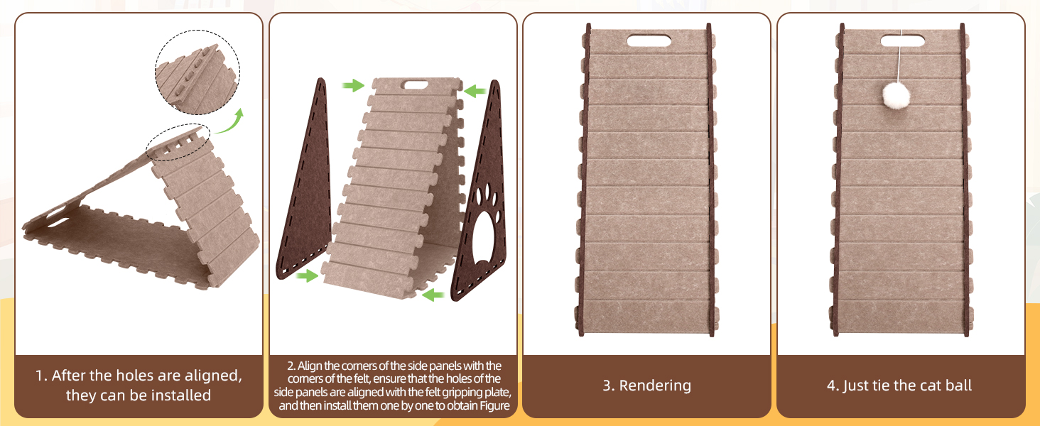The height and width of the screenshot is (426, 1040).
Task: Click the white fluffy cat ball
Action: [896, 96]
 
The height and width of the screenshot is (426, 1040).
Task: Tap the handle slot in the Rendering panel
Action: [649, 40]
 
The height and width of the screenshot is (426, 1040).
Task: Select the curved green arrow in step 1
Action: [229, 121]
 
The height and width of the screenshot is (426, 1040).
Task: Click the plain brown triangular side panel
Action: [304, 181]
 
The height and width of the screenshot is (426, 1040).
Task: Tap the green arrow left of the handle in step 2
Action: [353, 85]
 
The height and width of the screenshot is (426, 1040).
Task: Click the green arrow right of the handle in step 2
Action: [475, 90]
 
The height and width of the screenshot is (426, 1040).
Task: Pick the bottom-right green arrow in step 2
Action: [433, 294]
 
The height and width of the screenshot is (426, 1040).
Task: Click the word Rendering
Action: [655, 386]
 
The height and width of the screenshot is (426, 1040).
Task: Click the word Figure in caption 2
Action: [495, 405]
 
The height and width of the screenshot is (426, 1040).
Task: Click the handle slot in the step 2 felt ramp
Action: [416, 84]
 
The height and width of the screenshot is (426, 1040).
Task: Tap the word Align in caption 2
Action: [309, 366]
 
